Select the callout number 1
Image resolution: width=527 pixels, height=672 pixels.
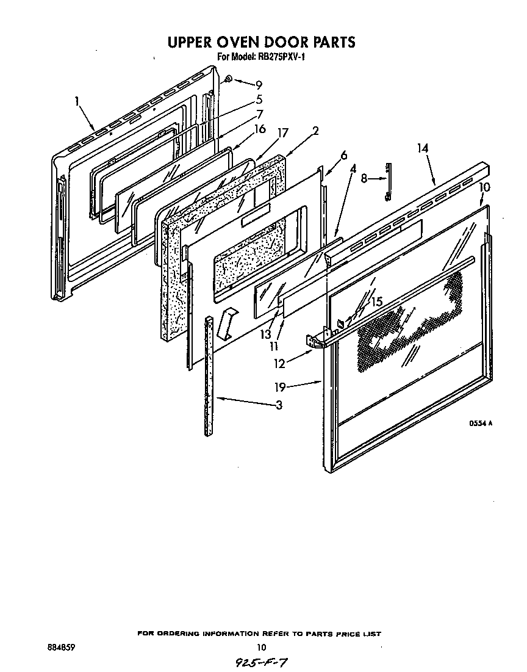77,101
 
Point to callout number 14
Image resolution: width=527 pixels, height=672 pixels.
423,148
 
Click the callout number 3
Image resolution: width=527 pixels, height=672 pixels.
278,405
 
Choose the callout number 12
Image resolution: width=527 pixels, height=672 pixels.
280,365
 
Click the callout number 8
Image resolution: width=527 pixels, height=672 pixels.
364,179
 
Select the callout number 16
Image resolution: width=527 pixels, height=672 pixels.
260,129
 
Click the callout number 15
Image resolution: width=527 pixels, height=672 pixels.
376,302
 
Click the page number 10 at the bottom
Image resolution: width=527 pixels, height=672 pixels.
261,648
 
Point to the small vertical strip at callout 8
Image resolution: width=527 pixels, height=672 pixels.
388,181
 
